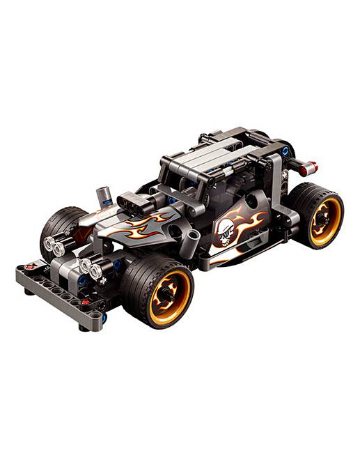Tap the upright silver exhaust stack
coord(104,196)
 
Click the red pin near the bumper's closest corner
coord(85,302)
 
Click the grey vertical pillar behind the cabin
coord(277,188)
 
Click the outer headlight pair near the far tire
coord(54,245)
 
